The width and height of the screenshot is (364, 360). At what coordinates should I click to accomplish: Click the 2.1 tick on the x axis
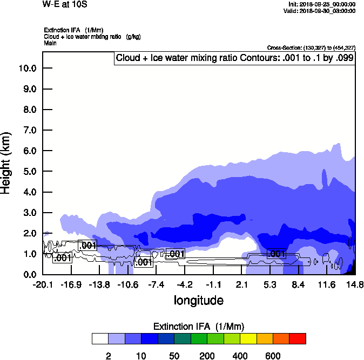tap(242, 284)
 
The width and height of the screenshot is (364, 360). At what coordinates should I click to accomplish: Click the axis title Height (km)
tap(7, 162)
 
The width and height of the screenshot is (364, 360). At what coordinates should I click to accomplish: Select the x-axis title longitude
tap(198, 300)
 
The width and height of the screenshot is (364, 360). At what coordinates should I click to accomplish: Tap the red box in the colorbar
tap(298, 339)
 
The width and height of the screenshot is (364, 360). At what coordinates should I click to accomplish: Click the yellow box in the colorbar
tap(248, 339)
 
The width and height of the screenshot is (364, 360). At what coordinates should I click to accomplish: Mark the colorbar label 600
tap(273, 356)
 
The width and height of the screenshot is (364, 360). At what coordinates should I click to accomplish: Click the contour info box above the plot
tap(234, 58)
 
